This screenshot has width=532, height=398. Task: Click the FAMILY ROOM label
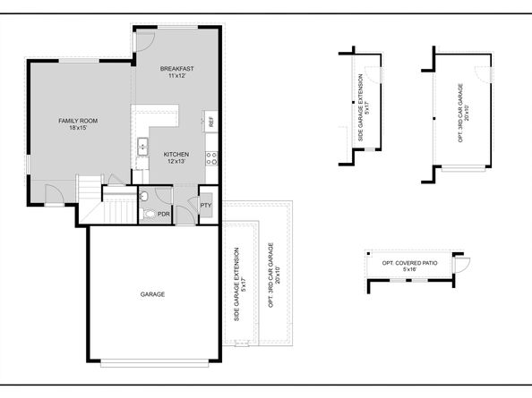point(78,121)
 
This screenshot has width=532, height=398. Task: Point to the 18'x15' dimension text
point(78,128)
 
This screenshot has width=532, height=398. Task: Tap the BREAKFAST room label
point(176,69)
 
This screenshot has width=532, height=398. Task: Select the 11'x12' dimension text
point(176,76)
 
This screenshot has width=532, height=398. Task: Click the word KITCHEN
point(176,155)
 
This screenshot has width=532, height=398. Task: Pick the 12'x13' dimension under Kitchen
point(176,162)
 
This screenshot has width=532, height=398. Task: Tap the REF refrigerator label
point(211,122)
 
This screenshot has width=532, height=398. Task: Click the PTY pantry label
point(206,206)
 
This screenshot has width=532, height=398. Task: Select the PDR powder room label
point(164,214)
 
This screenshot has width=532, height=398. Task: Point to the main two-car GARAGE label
point(152,294)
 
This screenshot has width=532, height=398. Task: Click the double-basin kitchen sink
point(142,147)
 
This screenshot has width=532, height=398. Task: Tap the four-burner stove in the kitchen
point(211,158)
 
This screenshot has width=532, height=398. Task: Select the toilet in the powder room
point(148,215)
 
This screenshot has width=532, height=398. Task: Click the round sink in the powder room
point(143,196)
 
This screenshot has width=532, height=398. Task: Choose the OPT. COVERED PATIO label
point(409,263)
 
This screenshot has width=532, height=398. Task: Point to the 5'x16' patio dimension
point(409,269)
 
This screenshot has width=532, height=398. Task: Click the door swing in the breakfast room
point(145,42)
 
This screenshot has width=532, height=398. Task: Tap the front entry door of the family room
point(55,195)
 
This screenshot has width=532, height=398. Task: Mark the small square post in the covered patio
point(369,253)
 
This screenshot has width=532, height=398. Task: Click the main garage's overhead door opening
point(155,364)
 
